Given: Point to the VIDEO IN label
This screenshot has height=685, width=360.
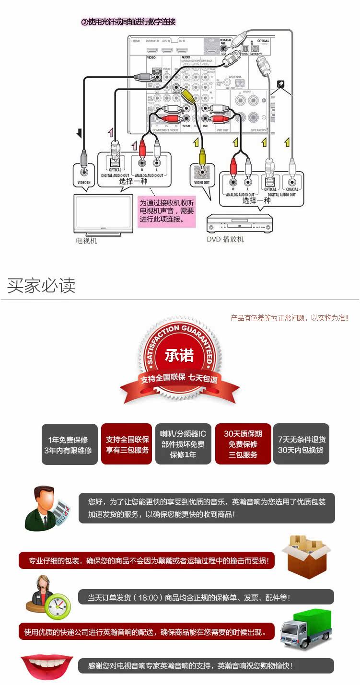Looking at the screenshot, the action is click(84, 183).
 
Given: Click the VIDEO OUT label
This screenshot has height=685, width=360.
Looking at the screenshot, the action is click(202, 183).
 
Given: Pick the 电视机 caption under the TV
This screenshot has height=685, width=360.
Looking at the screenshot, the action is click(86, 241).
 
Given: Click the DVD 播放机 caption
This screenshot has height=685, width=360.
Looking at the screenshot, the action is click(225, 239).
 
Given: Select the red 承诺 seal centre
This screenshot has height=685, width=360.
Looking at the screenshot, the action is click(179, 356).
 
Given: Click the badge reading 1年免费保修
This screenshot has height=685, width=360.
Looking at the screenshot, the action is click(70, 444).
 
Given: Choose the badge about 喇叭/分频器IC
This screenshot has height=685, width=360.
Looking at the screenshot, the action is click(183, 444).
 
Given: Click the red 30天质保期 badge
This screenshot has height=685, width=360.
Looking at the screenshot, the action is click(243, 444).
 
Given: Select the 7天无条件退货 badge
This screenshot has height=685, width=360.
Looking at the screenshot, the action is click(301, 444).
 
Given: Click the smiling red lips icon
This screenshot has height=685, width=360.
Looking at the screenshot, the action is click(46, 666).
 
